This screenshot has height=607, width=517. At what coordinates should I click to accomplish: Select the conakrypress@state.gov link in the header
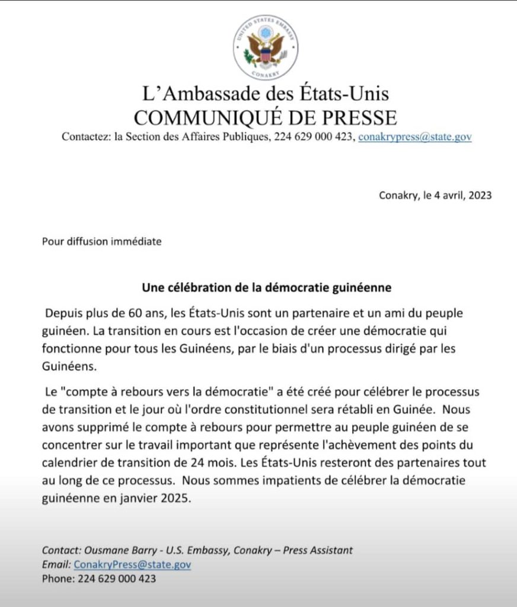pyautogui.click(x=415, y=137)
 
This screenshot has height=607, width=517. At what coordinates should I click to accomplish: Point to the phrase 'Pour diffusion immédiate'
pyautogui.click(x=101, y=241)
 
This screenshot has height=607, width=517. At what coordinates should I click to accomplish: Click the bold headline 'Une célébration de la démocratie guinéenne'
pyautogui.click(x=267, y=288)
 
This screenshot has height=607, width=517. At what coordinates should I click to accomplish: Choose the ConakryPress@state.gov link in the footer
pyautogui.click(x=132, y=564)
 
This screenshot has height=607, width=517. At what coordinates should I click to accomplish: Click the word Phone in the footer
pyautogui.click(x=56, y=579)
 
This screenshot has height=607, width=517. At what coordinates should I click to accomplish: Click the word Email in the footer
pyautogui.click(x=56, y=564)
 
